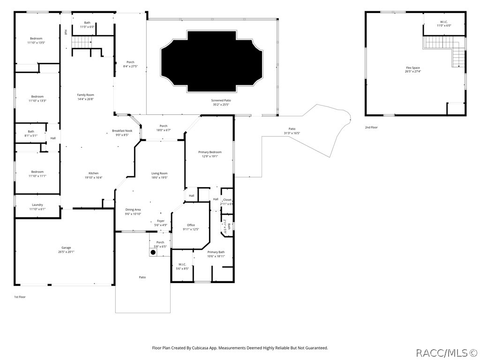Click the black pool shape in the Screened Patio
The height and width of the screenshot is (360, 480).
click(x=211, y=61)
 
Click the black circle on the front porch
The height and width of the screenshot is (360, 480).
click(x=153, y=252)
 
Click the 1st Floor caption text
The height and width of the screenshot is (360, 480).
click(x=20, y=297)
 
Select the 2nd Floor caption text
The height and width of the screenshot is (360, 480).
click(x=371, y=127)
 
